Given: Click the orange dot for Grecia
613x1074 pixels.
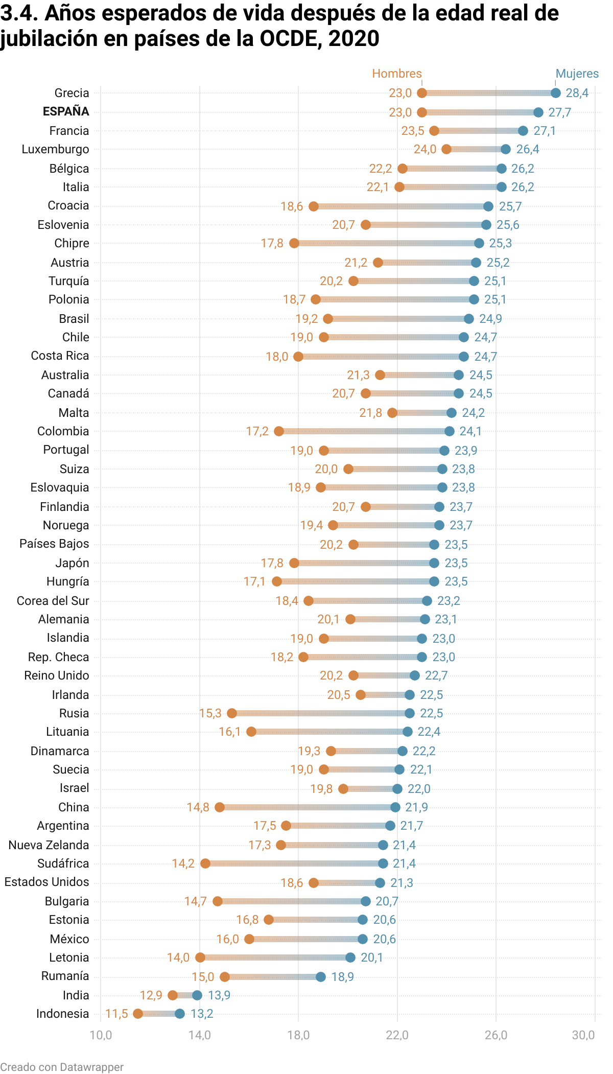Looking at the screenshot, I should click(422, 93).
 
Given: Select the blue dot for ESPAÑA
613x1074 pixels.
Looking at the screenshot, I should click(538, 112).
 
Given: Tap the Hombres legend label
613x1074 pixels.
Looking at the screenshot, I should click(396, 74).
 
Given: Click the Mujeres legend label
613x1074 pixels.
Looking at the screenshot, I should click(577, 74).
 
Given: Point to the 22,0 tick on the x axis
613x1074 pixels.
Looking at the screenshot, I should click(397, 1035).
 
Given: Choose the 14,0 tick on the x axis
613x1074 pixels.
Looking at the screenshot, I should click(199, 1035).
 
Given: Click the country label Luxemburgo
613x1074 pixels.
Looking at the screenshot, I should click(55, 149).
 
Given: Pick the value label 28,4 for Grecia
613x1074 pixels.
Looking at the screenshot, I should click(577, 93).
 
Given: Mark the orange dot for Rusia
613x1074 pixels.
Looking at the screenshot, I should click(232, 713).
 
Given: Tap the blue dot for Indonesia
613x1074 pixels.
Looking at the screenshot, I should click(180, 1014).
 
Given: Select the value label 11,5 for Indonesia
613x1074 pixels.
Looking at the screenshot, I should click(116, 1014).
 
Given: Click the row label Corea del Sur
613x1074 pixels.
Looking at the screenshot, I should click(53, 601).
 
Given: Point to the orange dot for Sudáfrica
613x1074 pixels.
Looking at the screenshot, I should click(205, 863).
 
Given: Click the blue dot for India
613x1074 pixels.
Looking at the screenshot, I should click(197, 995).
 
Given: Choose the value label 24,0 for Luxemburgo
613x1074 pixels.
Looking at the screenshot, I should click(425, 149).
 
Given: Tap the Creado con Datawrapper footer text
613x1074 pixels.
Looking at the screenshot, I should click(62, 1067).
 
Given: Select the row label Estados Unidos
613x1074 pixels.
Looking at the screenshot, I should click(46, 882).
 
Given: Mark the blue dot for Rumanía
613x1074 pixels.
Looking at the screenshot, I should click(321, 977).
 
